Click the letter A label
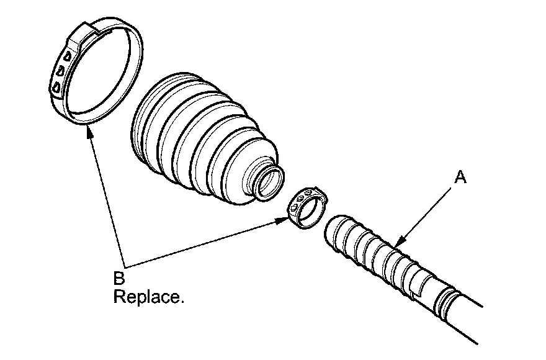pyautogui.click(x=460, y=178)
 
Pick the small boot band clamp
pyautogui.click(x=307, y=207)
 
